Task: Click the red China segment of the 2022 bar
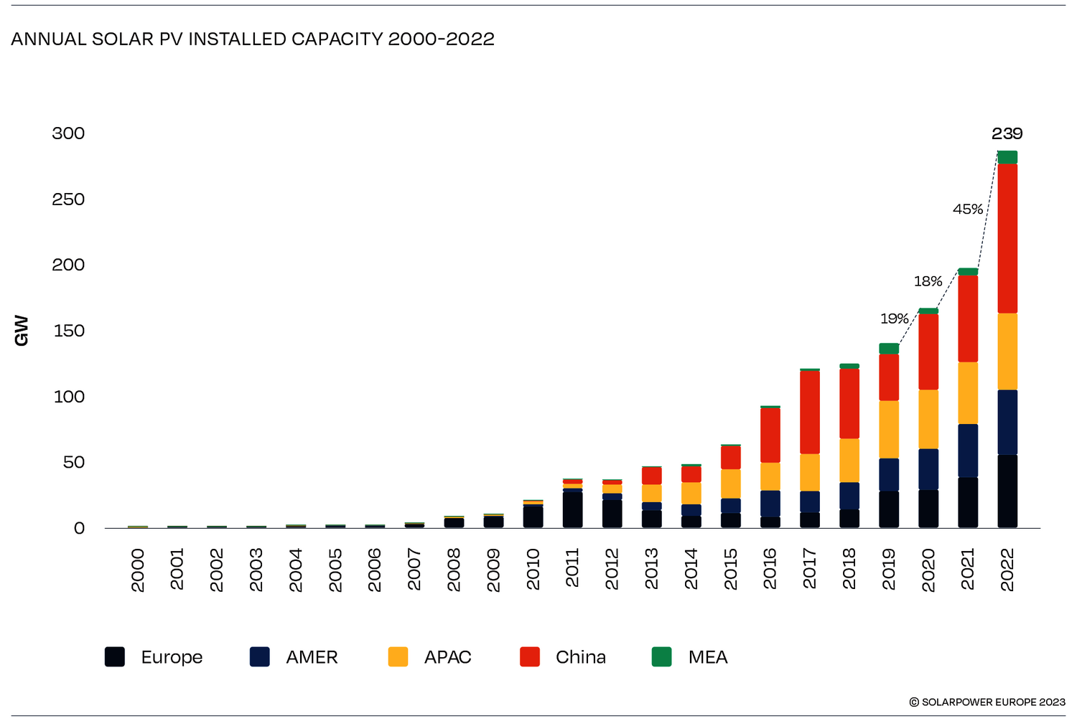click(1007, 238)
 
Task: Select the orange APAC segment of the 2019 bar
click(889, 429)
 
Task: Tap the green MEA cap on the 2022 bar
click(1007, 157)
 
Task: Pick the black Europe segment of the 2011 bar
click(572, 509)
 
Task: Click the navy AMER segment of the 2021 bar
click(968, 451)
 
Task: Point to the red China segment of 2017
click(810, 412)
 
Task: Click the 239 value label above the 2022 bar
click(1007, 133)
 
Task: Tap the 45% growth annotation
click(968, 209)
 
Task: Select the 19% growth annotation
click(895, 319)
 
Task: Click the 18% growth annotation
click(928, 281)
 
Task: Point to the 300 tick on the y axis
click(68, 133)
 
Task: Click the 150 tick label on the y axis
click(68, 331)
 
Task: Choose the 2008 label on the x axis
click(454, 570)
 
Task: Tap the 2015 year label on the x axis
click(730, 570)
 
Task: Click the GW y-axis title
click(22, 331)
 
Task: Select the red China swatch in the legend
click(530, 657)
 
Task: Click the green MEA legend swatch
click(661, 657)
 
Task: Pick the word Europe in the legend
click(172, 657)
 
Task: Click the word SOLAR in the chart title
click(118, 39)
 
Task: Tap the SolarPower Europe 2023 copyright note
click(987, 702)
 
